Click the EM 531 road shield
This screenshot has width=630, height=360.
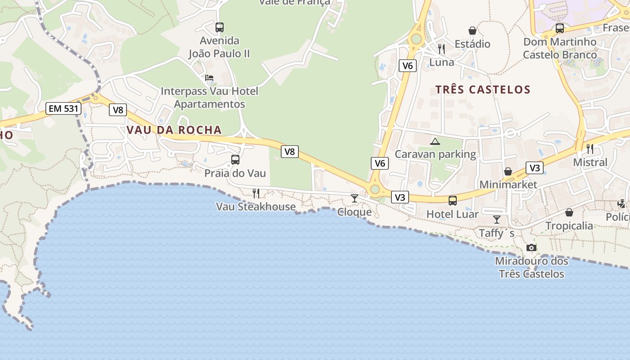pyautogui.click(x=63, y=108)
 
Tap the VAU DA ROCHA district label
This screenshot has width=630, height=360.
pyautogui.click(x=174, y=130)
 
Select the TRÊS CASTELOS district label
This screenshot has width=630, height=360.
pyautogui.click(x=483, y=90)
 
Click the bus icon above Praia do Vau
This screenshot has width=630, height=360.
pyautogui.click(x=235, y=160)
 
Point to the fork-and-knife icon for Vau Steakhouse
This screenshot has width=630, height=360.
pyautogui.click(x=256, y=193)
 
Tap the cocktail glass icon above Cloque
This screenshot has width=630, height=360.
pyautogui.click(x=355, y=198)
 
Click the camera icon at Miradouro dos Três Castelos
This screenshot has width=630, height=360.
pyautogui.click(x=531, y=247)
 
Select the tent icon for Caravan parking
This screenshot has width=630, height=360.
pyautogui.click(x=435, y=141)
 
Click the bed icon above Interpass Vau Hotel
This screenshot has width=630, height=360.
pyautogui.click(x=209, y=78)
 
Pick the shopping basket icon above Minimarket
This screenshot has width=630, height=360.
pyautogui.click(x=508, y=171)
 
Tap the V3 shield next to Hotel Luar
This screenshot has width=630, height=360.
pyautogui.click(x=400, y=197)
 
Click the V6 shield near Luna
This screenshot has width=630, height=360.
pyautogui.click(x=407, y=66)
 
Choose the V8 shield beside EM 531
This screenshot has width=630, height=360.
pyautogui.click(x=117, y=110)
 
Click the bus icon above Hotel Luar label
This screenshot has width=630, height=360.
pyautogui.click(x=453, y=201)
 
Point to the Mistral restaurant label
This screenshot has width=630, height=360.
pyautogui.click(x=590, y=162)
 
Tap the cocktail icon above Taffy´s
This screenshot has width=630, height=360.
pyautogui.click(x=497, y=220)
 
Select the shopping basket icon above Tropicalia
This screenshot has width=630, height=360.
pyautogui.click(x=569, y=212)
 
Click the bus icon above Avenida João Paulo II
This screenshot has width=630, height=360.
pyautogui.click(x=219, y=27)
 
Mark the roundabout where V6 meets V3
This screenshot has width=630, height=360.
pyautogui.click(x=375, y=189)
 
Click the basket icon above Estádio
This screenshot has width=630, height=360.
pyautogui.click(x=472, y=31)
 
